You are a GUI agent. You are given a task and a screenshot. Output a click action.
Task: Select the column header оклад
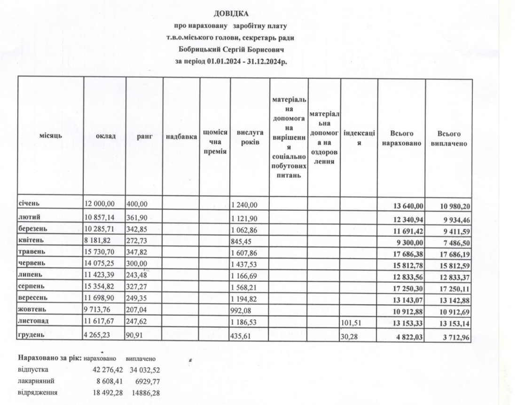[104, 136]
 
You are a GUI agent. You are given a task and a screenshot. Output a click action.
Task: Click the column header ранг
[144, 136]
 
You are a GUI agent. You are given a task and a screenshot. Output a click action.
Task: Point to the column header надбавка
[181, 136]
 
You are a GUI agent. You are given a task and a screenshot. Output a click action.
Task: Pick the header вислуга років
[250, 136]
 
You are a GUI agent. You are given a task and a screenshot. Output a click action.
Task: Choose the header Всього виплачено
[448, 138]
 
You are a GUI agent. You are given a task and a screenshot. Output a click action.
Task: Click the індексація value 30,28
[349, 337]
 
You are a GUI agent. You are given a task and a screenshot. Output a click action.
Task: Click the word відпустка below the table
[33, 369]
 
